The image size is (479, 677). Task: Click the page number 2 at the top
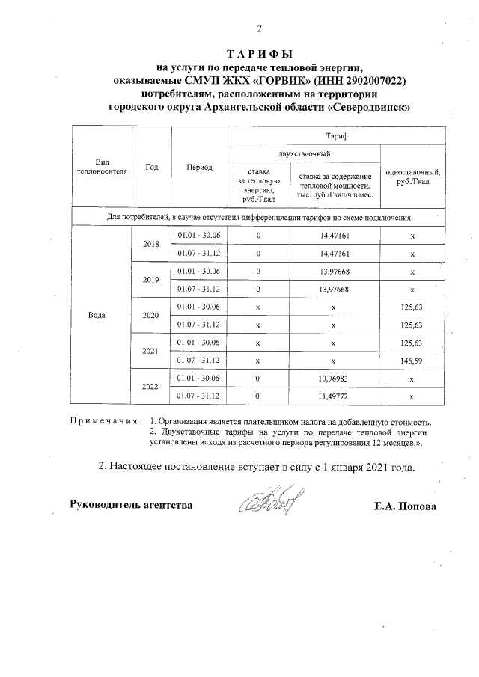260,29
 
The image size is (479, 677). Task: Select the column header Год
152,167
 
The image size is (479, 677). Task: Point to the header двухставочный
304,153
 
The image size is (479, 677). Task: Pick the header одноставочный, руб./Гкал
412,177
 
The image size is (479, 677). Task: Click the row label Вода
97,315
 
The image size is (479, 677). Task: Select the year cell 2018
152,245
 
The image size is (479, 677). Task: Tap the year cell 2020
152,315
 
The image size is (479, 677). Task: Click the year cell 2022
152,386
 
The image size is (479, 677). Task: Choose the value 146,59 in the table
412,360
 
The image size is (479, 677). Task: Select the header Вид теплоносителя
102,167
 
